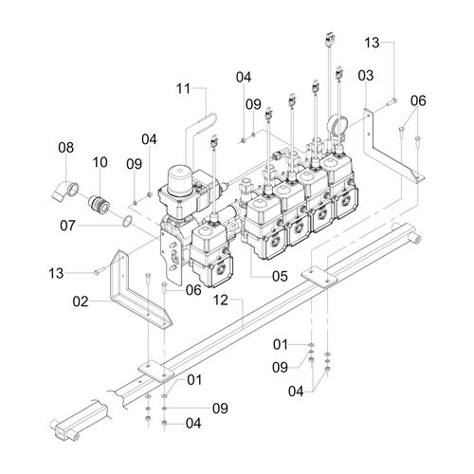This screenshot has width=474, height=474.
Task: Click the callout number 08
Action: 66,148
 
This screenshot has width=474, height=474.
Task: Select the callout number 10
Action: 100,162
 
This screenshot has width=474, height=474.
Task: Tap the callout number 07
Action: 67,226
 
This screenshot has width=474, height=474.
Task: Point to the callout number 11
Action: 183,89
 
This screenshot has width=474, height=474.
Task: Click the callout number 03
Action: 366,76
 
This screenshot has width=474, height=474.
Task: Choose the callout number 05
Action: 280,276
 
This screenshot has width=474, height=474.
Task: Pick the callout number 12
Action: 221,300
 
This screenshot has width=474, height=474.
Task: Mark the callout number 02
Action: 81,301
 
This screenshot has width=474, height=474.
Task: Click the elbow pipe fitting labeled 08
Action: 65,190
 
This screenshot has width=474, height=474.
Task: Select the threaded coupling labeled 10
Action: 100,205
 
